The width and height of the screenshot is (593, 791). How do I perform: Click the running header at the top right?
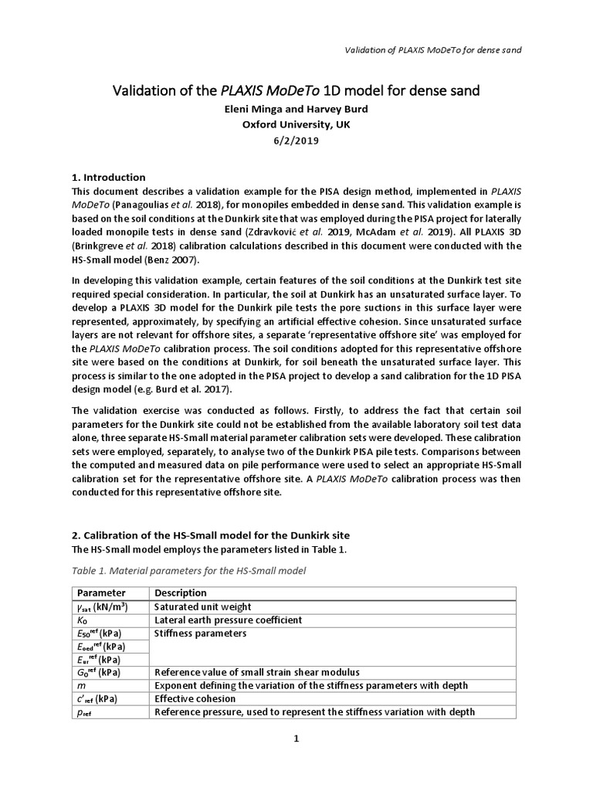click(432, 50)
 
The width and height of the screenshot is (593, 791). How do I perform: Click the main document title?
click(296, 91)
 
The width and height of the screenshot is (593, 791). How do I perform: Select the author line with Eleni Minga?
click(296, 109)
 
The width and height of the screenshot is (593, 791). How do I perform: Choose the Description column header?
click(181, 592)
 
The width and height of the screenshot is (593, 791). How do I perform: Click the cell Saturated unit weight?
click(203, 606)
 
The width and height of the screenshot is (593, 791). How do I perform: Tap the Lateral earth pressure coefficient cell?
click(228, 620)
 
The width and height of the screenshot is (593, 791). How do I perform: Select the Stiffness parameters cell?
click(200, 633)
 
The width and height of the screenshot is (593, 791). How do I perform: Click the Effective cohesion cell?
click(193, 698)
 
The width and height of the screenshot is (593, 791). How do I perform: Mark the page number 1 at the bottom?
click(296, 738)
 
